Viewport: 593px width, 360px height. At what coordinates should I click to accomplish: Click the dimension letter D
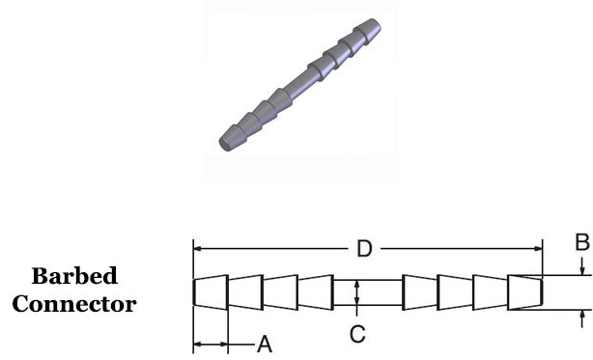click(x=364, y=249)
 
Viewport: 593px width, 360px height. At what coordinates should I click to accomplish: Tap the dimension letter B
click(x=582, y=242)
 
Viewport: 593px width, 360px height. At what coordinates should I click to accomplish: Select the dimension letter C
click(x=357, y=334)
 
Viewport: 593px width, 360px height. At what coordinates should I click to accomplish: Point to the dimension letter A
click(x=265, y=345)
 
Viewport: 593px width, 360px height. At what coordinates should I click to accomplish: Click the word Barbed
click(x=74, y=276)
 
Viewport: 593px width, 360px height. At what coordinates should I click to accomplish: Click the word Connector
click(x=74, y=304)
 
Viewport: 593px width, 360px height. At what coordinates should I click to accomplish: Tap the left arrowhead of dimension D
click(x=197, y=249)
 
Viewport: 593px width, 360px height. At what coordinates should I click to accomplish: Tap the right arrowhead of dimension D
click(x=538, y=249)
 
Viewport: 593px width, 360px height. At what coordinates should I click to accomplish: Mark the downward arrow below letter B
click(x=582, y=266)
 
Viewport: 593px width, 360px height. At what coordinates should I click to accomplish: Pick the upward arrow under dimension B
click(x=582, y=318)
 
